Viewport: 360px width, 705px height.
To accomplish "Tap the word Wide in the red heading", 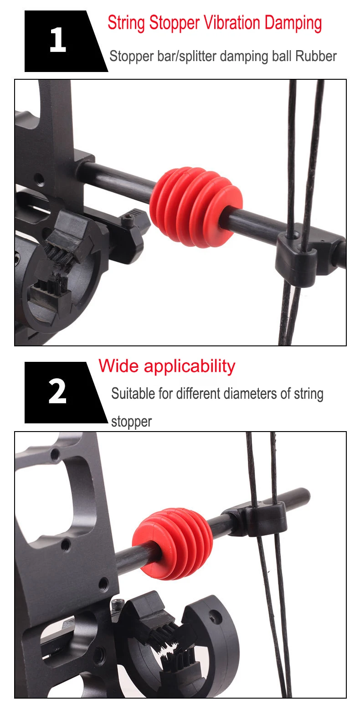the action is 118,366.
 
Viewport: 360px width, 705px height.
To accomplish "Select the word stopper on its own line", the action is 132,422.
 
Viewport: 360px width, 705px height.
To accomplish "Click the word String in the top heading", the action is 126,23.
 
